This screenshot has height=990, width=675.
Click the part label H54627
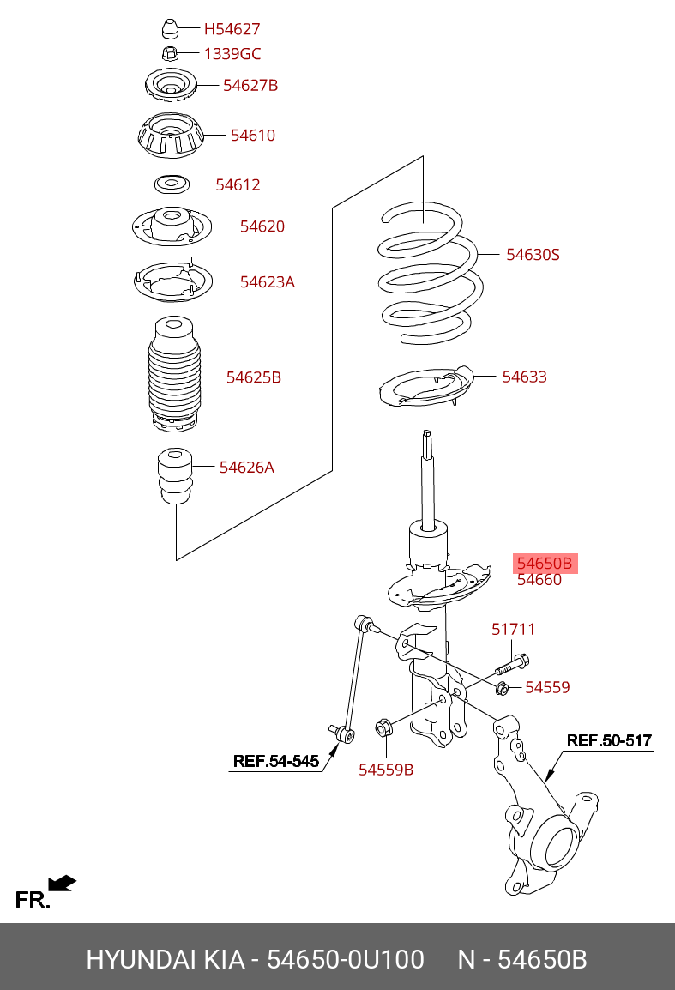(x=232, y=29)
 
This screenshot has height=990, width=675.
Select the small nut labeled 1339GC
(x=169, y=53)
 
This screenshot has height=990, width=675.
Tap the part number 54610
(x=252, y=135)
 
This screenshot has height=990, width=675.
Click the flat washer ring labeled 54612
(x=172, y=184)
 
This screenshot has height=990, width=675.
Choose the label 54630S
(x=533, y=255)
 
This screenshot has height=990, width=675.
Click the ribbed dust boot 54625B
(x=173, y=374)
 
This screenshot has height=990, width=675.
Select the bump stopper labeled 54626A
(x=175, y=476)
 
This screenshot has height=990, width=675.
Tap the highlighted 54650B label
(x=545, y=563)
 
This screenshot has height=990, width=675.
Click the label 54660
(x=539, y=580)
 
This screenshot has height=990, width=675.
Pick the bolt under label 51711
(x=512, y=665)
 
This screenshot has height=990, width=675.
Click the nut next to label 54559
(x=503, y=687)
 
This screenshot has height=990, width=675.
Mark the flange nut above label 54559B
(x=384, y=727)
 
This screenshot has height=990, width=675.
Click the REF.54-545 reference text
(x=276, y=761)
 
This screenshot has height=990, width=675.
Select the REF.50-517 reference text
(x=609, y=740)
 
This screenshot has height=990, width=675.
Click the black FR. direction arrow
(x=62, y=884)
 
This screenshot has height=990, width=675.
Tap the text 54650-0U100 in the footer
(x=346, y=960)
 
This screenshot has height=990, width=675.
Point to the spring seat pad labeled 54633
(x=425, y=389)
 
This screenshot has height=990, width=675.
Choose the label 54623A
(x=267, y=281)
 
